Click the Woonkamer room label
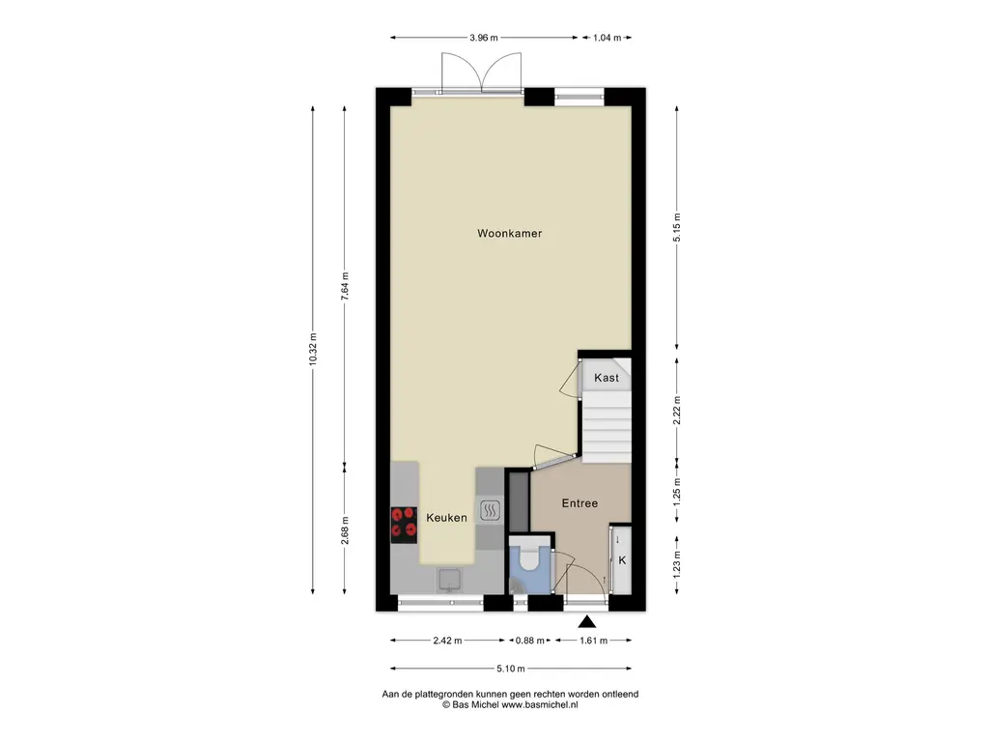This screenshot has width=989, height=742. pyautogui.click(x=509, y=234)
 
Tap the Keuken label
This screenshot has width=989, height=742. pyautogui.click(x=446, y=518)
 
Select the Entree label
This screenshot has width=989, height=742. pyautogui.click(x=579, y=502)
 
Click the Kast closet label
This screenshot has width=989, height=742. pyautogui.click(x=607, y=378)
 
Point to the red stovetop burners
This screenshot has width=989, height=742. pyautogui.click(x=404, y=525)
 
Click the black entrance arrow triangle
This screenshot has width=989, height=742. pyautogui.click(x=587, y=622)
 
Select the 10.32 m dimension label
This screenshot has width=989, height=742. pyautogui.click(x=313, y=350)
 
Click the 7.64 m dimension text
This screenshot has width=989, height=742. pyautogui.click(x=345, y=286)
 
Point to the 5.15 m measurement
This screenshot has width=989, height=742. pyautogui.click(x=677, y=228)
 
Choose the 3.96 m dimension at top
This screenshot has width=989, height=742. pyautogui.click(x=483, y=38)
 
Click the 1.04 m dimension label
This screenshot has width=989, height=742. pyautogui.click(x=607, y=38)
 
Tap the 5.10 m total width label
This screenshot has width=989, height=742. pyautogui.click(x=510, y=669)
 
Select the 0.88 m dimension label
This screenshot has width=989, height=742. pyautogui.click(x=530, y=641)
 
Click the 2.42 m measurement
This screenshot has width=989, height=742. pyautogui.click(x=447, y=641)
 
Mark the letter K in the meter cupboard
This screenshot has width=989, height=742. pyautogui.click(x=622, y=560)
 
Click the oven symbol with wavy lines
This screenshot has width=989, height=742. pyautogui.click(x=490, y=510)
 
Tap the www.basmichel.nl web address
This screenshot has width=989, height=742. pyautogui.click(x=539, y=704)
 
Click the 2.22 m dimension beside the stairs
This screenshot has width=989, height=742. pyautogui.click(x=677, y=411)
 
